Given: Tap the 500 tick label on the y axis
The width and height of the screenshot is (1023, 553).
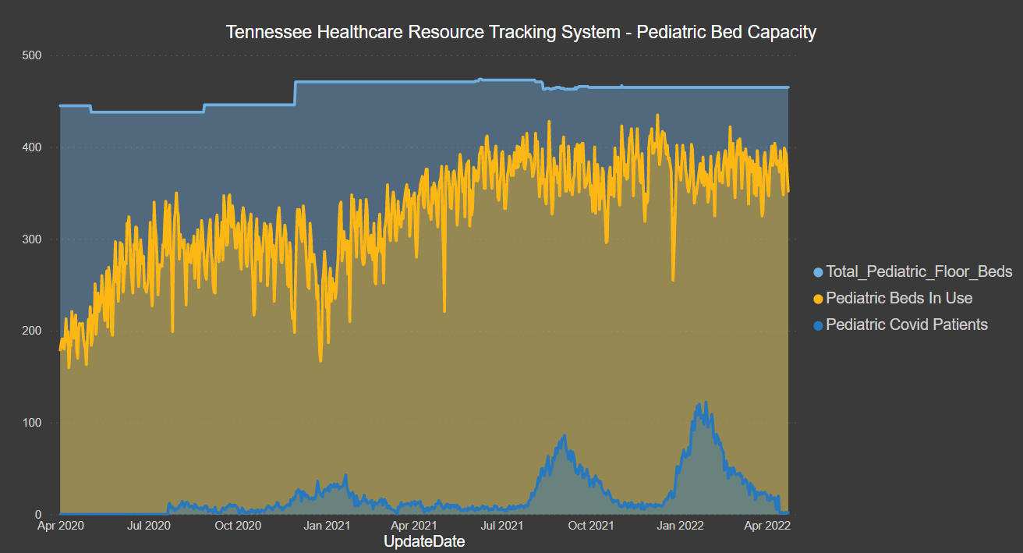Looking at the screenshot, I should click(32, 55).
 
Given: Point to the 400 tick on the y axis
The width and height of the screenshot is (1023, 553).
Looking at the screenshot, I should click(32, 147).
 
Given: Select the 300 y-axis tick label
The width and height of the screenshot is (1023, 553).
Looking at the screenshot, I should click(32, 239).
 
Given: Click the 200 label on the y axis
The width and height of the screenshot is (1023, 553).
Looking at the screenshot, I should click(32, 331).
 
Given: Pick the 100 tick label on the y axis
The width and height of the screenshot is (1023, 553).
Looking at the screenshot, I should click(32, 423).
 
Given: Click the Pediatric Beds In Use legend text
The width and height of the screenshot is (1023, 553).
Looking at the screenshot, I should click(899, 298).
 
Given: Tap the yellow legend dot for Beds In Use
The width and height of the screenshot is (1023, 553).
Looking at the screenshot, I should click(818, 299).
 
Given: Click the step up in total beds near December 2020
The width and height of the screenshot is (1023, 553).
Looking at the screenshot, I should click(295, 93).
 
